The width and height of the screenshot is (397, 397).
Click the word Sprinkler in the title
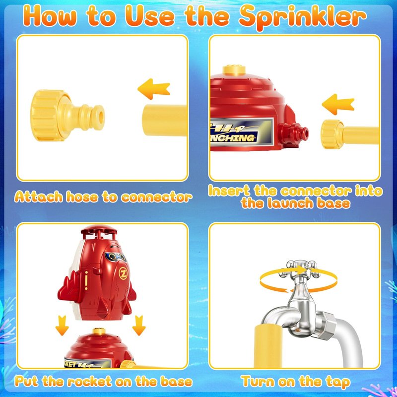click(302, 17)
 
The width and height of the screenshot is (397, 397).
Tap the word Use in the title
click(150, 16)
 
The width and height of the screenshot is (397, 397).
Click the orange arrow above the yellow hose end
click(154, 89)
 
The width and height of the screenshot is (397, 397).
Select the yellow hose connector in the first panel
click(67, 115)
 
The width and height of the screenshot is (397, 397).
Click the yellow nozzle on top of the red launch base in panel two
click(234, 70)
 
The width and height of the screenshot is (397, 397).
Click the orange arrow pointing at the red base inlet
click(338, 104)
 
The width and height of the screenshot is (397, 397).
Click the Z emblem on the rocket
click(123, 273)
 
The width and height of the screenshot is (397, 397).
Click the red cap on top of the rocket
click(99, 231)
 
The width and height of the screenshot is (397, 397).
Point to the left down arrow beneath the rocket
click(62, 326)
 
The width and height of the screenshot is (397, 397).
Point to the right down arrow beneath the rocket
click(139, 326)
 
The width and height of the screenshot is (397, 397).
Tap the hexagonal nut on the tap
click(325, 326)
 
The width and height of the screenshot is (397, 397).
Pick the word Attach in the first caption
click(39, 197)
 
